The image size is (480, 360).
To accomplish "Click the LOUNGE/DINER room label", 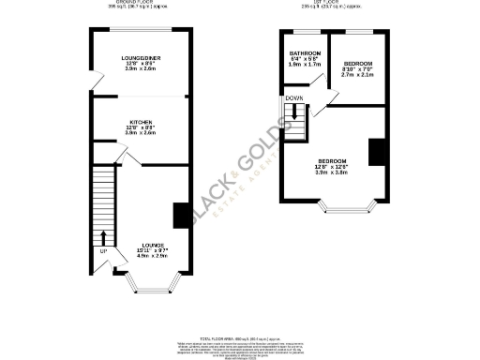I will [x=142, y=58].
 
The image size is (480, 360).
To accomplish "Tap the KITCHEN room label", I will [x=142, y=122].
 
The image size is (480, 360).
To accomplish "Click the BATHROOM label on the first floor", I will [x=306, y=52].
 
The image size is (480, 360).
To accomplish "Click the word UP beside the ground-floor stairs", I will [x=102, y=251].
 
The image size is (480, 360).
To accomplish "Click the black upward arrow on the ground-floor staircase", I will [x=102, y=235].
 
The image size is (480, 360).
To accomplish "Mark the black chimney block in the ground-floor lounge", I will [x=180, y=215].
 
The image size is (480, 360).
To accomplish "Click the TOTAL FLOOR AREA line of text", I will [x=238, y=334].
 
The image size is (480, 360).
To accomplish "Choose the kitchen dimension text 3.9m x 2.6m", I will [x=142, y=133].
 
